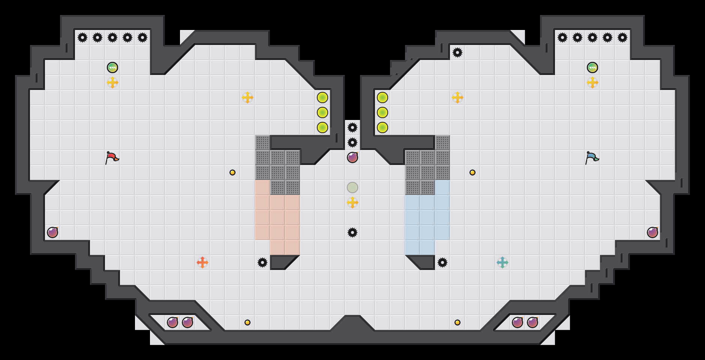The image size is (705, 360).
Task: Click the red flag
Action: (x=112, y=158)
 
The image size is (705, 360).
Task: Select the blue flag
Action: (x=592, y=158)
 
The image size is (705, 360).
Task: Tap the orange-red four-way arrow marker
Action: (x=202, y=262)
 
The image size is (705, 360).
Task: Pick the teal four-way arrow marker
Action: (x=502, y=262)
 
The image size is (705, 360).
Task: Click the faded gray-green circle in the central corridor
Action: (x=352, y=187)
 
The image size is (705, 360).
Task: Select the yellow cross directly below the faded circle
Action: (x=352, y=202)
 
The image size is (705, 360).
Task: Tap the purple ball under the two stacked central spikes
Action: (x=352, y=157)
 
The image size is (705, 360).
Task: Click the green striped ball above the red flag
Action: (x=112, y=67)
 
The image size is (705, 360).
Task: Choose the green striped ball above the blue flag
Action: (x=592, y=67)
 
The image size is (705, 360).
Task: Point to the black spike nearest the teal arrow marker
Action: (x=442, y=262)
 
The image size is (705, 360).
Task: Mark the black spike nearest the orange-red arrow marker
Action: (x=262, y=262)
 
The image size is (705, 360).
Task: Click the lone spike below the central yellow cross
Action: (x=352, y=232)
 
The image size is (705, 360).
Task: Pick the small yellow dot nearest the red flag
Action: (x=232, y=172)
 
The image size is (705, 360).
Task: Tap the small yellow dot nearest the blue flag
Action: (x=472, y=172)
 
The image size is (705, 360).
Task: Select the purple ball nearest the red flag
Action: (x=52, y=232)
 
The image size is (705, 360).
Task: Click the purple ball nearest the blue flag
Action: (x=652, y=232)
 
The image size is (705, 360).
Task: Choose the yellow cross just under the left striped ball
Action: (x=112, y=82)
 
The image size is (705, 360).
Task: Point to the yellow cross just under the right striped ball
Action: (x=592, y=82)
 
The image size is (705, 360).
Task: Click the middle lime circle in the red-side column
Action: (x=322, y=112)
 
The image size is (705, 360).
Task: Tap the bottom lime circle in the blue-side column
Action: (x=382, y=127)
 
